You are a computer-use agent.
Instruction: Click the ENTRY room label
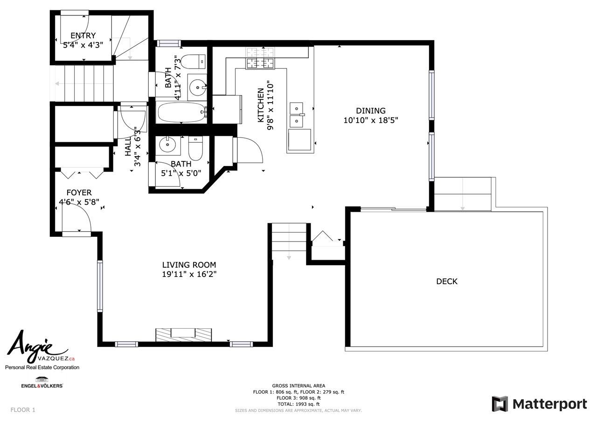83,35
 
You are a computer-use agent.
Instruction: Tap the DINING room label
370,111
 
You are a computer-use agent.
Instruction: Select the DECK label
447,281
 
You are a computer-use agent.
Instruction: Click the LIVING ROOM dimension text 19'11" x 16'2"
189,274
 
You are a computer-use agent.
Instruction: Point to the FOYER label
79,193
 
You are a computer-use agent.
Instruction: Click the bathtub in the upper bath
181,112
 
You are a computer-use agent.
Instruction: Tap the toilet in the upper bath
193,62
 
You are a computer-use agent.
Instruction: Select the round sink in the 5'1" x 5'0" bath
167,145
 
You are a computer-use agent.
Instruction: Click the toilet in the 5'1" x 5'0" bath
195,148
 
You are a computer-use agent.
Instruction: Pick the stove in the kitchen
260,58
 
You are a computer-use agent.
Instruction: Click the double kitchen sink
297,115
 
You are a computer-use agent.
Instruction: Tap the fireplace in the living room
184,335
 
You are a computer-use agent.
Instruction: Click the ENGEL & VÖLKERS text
42,386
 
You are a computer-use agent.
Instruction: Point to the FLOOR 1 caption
23,410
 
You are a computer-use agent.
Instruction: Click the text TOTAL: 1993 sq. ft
298,404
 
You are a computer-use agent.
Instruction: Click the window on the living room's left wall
100,286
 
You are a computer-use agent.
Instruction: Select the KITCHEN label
261,105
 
